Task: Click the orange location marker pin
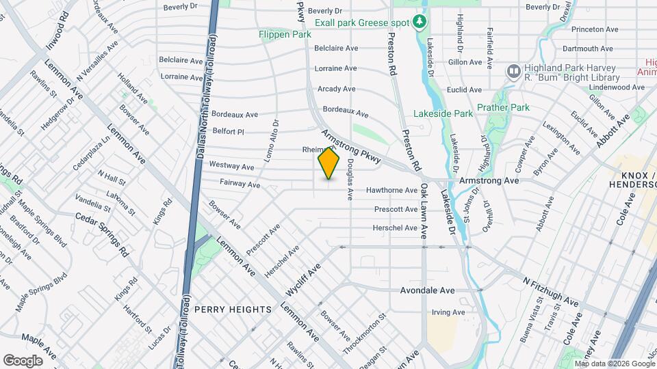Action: [329, 163]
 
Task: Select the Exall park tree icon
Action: [420, 23]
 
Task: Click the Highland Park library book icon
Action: [513, 72]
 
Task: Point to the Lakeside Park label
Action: [443, 113]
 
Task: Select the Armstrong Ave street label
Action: [490, 180]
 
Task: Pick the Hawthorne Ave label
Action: [392, 191]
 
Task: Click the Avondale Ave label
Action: [428, 290]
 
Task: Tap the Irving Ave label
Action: [448, 312]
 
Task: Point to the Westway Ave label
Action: [231, 166]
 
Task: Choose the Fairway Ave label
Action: [240, 184]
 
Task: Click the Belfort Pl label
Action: [228, 131]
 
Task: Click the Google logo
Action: [23, 360]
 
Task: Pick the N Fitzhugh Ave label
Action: [550, 292]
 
